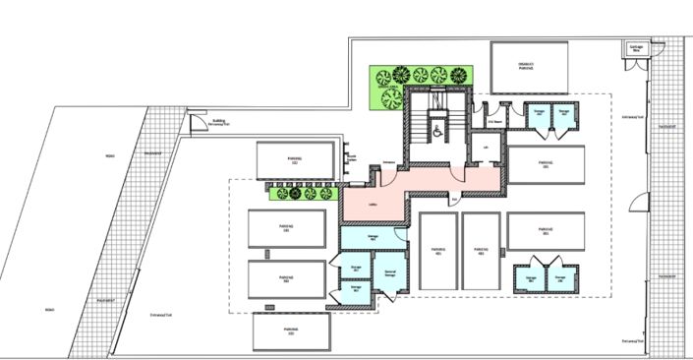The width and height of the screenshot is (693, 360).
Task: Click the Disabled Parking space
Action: coord(526,68)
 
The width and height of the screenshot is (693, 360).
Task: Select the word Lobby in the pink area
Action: coord(372,205)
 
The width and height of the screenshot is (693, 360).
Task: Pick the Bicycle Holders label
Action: coord(351,158)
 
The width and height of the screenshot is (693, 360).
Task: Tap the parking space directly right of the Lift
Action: coord(546,165)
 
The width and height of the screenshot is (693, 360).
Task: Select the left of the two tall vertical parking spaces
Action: coord(438,251)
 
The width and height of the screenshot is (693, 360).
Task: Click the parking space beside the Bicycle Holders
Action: coord(295,160)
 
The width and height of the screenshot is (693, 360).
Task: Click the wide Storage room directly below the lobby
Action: coord(373,237)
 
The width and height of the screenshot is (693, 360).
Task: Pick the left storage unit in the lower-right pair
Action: coord(531,277)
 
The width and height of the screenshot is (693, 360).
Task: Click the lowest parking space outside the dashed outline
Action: coord(291,331)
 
